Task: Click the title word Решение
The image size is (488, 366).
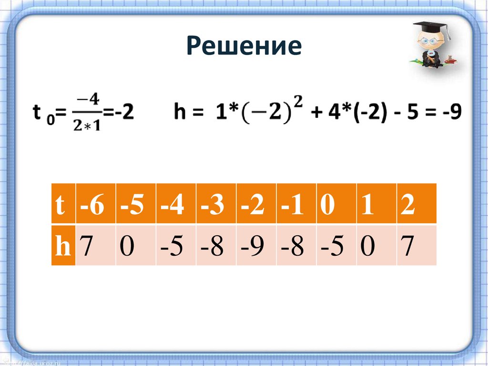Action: pos(244,46)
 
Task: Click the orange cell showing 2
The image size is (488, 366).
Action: pos(407,207)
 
